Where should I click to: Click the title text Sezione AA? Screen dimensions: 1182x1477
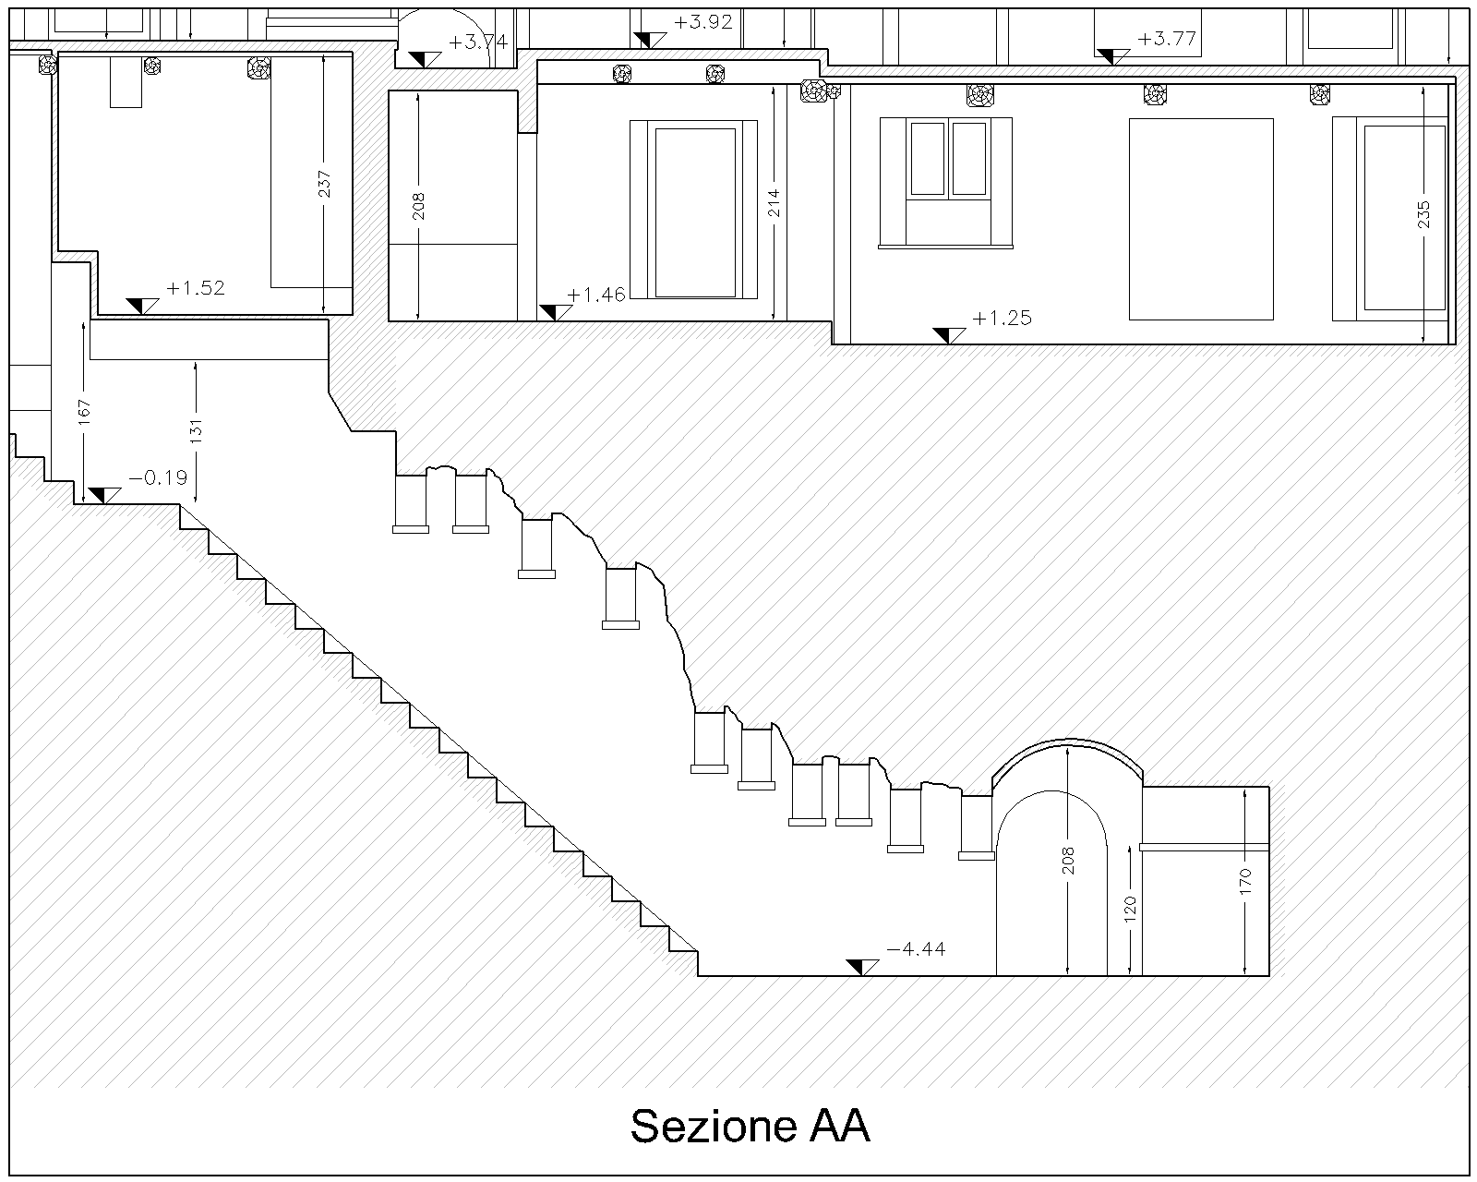click(x=750, y=1126)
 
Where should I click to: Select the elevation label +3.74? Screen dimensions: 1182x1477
click(x=478, y=42)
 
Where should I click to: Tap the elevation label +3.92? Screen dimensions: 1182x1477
click(x=702, y=22)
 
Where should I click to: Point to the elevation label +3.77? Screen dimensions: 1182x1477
click(x=1167, y=39)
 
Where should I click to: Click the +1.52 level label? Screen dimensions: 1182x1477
click(x=196, y=288)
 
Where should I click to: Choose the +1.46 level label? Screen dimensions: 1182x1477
click(x=596, y=295)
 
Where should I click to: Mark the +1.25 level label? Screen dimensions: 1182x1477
click(x=1002, y=319)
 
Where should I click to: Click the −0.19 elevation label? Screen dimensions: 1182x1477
click(x=158, y=477)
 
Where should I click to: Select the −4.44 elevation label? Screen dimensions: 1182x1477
click(x=915, y=948)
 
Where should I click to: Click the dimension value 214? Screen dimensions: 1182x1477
click(x=774, y=203)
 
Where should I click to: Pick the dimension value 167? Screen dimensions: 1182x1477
click(x=83, y=411)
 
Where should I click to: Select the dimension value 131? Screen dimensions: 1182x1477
click(x=196, y=431)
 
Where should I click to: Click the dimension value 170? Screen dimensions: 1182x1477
click(x=1244, y=882)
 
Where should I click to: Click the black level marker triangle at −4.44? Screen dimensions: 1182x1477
click(x=861, y=967)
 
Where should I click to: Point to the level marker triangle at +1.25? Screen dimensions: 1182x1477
click(x=947, y=334)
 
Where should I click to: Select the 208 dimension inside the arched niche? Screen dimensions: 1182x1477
click(x=1068, y=861)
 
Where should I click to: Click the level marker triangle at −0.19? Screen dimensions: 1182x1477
click(x=102, y=495)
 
